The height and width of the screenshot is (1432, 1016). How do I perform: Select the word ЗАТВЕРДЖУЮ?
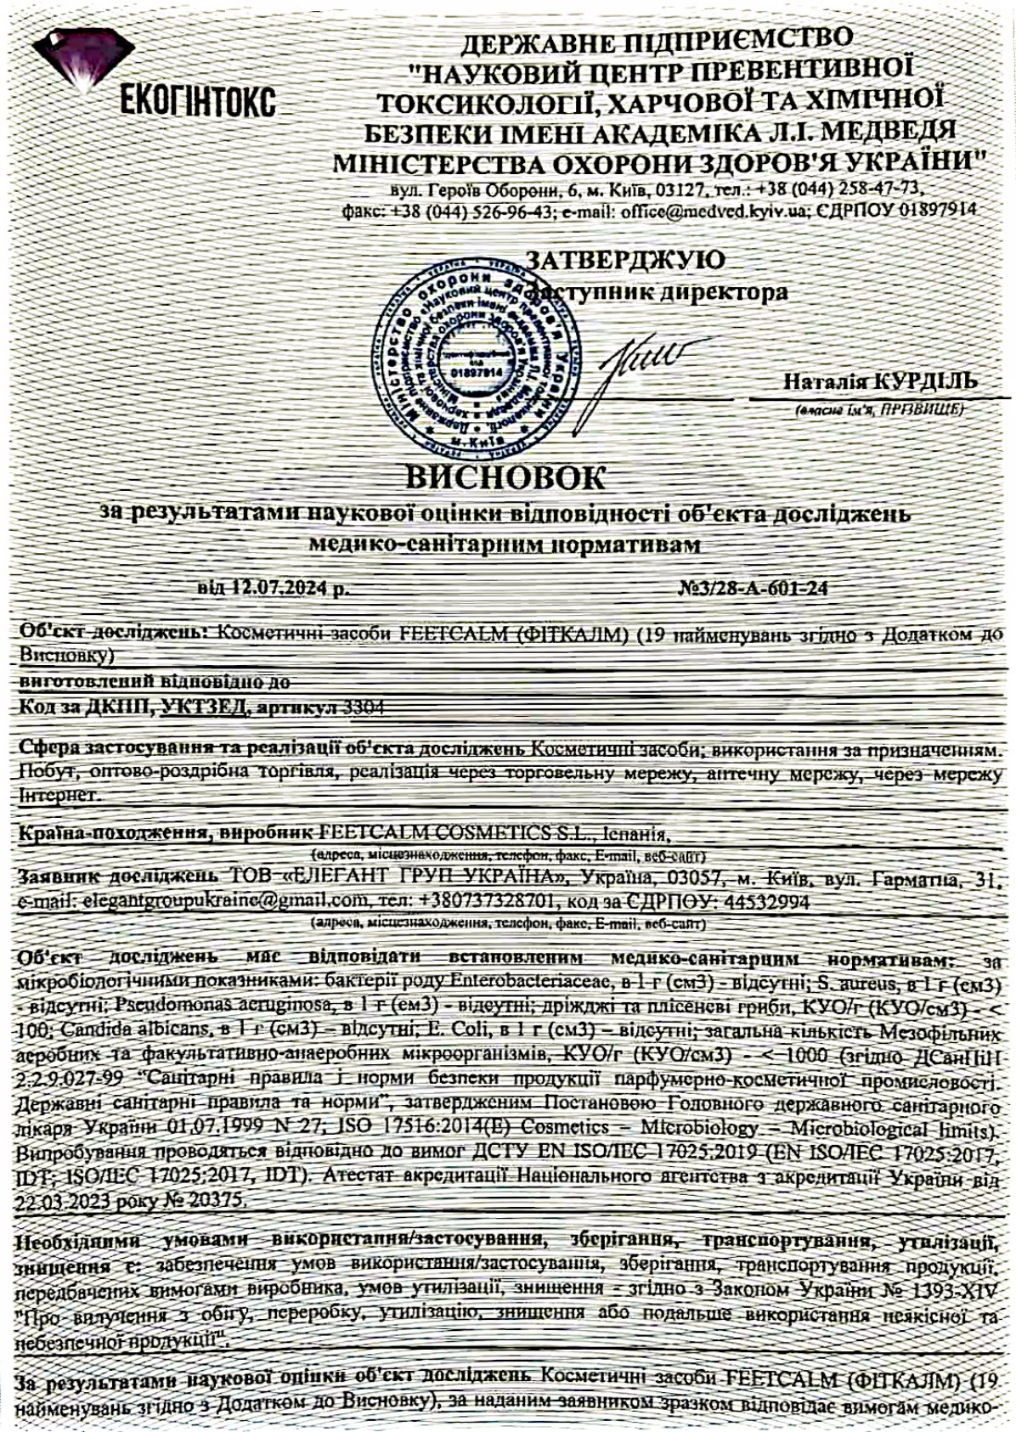(626, 259)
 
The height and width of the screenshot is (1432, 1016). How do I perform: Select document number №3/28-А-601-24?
(754, 588)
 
